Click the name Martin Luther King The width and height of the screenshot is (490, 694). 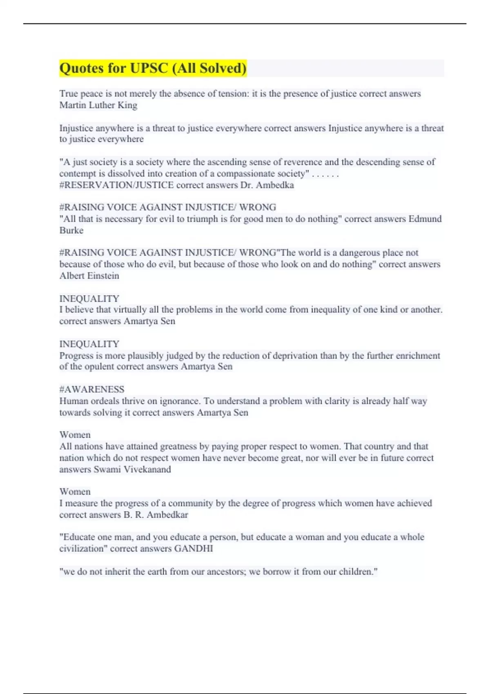point(98,105)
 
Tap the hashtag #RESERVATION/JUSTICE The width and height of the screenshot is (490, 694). point(116,185)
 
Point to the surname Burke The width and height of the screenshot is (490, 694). point(71,230)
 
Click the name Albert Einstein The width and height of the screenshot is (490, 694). point(89,276)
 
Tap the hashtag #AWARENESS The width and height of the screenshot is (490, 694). point(92,389)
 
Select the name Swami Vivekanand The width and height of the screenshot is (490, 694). point(132,469)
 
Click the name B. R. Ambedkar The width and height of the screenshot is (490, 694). point(156,514)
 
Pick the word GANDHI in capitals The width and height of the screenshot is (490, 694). point(194,548)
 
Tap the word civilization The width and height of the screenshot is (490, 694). point(83,548)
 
